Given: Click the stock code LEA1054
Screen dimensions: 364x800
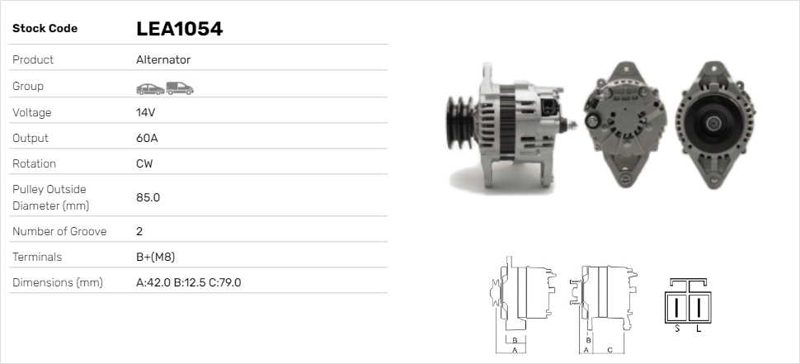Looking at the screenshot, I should point(179,29).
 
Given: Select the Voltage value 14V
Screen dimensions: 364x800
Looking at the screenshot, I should point(145,112).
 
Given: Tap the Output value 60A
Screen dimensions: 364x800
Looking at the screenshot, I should point(147,138).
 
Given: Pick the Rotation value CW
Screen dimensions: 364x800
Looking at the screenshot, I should point(144,163).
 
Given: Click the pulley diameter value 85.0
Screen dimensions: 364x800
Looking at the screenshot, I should point(148,197).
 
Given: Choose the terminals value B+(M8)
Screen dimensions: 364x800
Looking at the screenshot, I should point(155,257).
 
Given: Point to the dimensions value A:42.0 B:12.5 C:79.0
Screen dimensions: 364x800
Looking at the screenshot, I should point(188,282).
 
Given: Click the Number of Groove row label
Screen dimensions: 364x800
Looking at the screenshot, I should point(59,231).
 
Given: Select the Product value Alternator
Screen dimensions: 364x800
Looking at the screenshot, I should point(163,59).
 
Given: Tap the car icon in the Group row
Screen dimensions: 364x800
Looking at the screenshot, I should point(149,87).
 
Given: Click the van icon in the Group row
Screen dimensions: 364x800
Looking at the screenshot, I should point(179,87).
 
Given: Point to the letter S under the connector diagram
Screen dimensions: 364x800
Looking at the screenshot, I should point(676,329).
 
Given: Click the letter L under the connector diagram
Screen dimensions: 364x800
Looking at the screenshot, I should point(699,329).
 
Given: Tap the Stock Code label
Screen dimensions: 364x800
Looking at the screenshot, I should point(45,29).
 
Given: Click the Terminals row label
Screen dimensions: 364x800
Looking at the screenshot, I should point(37,257).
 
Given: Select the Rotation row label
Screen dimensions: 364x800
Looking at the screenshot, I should point(35,163).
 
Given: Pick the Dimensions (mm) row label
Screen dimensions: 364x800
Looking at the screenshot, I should point(57,282).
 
